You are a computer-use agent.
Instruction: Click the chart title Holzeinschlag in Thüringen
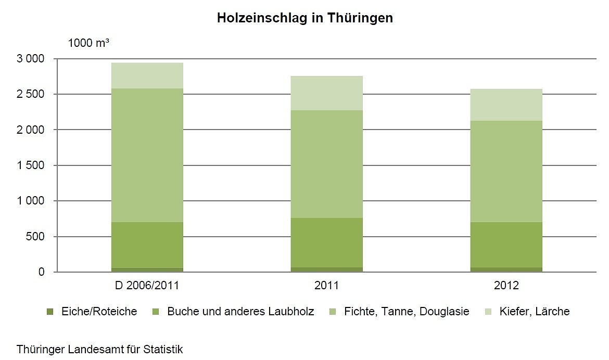304,18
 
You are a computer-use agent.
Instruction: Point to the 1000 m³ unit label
88,43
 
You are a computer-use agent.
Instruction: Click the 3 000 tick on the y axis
31,59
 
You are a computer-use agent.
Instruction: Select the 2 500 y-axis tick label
31,94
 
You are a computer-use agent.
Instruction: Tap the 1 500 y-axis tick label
31,165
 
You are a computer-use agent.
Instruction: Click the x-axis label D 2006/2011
147,285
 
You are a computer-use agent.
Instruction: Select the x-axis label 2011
326,285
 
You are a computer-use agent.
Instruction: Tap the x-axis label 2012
506,285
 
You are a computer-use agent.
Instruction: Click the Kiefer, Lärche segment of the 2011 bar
326,93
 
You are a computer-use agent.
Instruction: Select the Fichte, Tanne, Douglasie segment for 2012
506,171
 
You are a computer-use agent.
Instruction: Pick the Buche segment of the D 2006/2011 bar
147,245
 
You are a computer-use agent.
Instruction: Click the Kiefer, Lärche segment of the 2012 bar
506,105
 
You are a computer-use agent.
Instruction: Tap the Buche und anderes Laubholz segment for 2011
326,242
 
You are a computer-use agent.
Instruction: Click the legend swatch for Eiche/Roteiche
50,312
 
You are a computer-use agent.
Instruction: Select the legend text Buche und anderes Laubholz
240,312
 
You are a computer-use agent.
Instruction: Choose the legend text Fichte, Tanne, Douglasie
407,312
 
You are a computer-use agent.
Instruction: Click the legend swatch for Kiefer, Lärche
488,312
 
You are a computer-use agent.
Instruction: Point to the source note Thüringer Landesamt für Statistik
100,349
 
